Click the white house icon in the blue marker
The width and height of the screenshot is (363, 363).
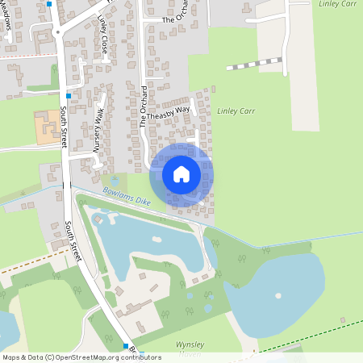[x=181, y=173]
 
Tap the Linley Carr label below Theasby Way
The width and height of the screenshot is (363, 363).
[x=236, y=111]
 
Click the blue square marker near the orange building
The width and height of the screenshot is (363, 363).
[x=69, y=96]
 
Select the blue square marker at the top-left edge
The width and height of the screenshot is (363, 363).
[x=49, y=3]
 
